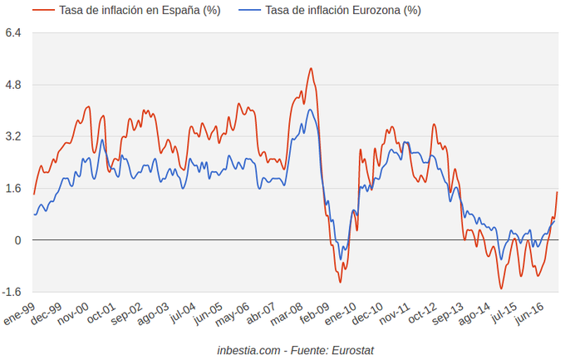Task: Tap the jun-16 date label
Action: [528, 317]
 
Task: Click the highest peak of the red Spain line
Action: [310, 68]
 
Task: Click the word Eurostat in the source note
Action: [352, 350]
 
